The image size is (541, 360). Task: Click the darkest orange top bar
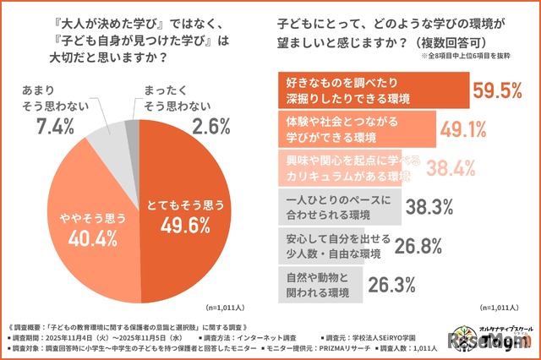372,90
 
